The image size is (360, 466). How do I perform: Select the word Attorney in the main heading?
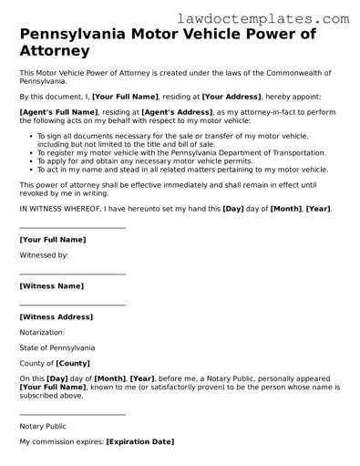(56, 52)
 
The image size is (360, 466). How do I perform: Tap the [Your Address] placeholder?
(231, 96)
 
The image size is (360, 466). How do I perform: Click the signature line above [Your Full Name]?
(72, 229)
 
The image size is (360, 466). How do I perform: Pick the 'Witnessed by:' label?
(44, 255)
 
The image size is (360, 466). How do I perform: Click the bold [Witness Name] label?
(51, 285)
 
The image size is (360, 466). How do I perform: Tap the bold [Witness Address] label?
(56, 316)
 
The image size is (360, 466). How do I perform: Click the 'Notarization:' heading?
(42, 332)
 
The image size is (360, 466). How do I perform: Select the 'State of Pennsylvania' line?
(57, 347)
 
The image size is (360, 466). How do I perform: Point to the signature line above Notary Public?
(72, 415)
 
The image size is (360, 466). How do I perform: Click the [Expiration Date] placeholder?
(139, 441)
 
